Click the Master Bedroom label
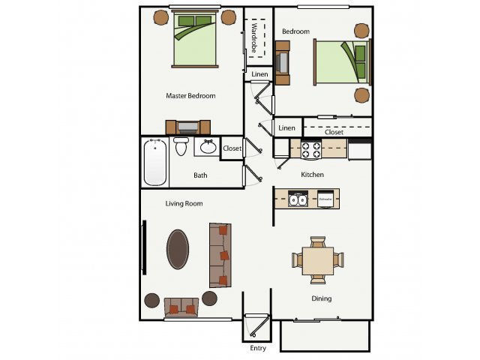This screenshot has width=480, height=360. coord(190,96)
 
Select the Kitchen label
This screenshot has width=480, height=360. coord(312,175)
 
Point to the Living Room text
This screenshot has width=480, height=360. coord(184,203)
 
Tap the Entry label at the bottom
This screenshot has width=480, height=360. coord(257,349)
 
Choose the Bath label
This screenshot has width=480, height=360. coord(200,175)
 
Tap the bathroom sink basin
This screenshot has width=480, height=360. coord(208,146)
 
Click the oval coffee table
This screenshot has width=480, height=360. coord(178,248)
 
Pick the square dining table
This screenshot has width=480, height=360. coord(318,260)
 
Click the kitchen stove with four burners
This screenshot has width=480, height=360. coord(310,149)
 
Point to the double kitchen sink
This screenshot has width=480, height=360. coord(298,199)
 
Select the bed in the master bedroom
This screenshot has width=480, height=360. coord(194,40)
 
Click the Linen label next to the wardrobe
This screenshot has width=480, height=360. coord(259,74)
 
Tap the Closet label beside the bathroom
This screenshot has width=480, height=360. coord(232,148)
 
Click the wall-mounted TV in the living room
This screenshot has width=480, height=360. coord(144,248)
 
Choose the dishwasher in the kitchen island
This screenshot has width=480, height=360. coord(325,199)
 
